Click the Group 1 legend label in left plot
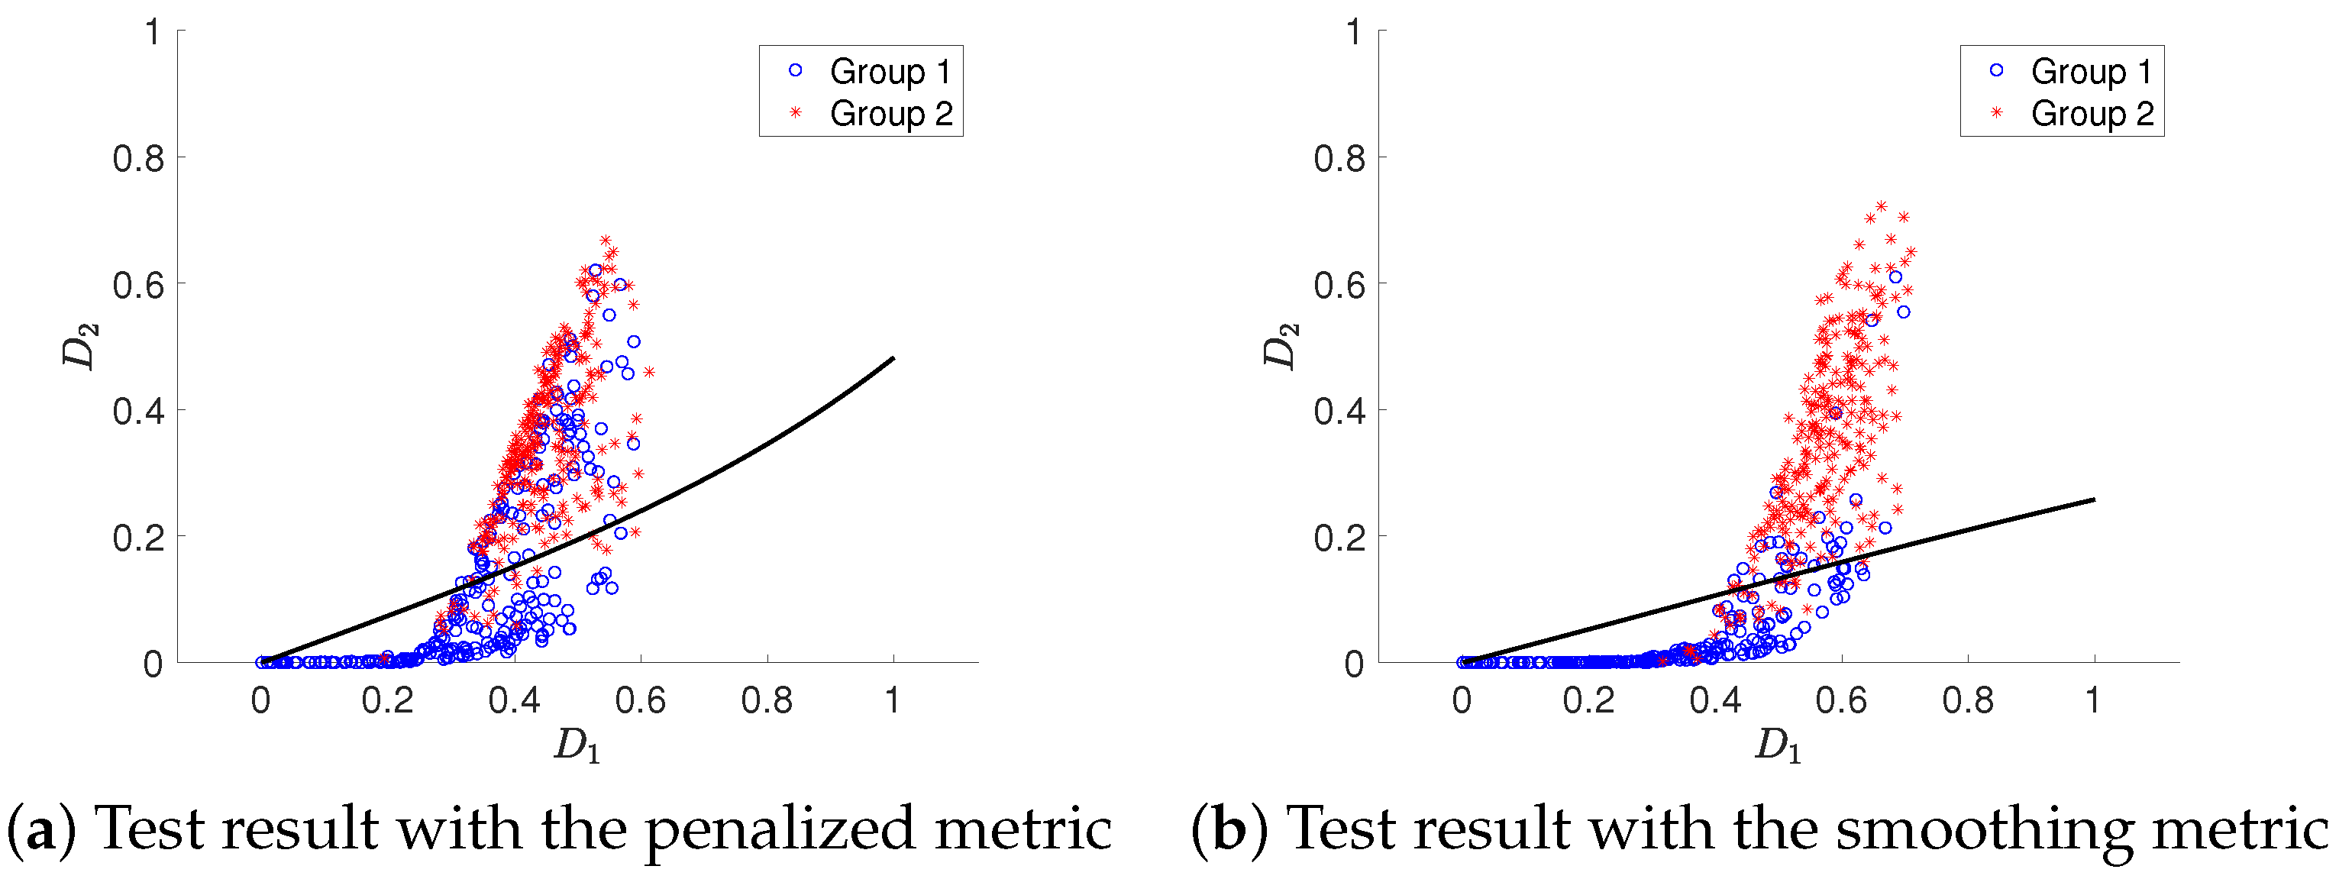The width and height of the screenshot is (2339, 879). click(x=890, y=71)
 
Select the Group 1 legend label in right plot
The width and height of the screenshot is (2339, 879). click(x=2091, y=71)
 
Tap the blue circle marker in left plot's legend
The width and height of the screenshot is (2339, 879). click(x=796, y=70)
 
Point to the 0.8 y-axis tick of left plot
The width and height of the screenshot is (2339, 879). click(x=138, y=159)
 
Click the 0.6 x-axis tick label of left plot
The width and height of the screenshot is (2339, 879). click(x=640, y=700)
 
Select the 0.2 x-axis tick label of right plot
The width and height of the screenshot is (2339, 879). click(x=1588, y=700)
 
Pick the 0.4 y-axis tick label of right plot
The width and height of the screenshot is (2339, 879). click(x=1339, y=412)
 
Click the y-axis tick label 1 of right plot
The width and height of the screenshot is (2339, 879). click(x=1354, y=33)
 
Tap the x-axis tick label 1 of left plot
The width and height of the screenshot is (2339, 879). click(x=893, y=700)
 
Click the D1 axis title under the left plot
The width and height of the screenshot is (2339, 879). click(x=577, y=746)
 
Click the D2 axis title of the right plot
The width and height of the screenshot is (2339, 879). click(x=1281, y=346)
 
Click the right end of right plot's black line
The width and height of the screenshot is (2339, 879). click(x=2094, y=499)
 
